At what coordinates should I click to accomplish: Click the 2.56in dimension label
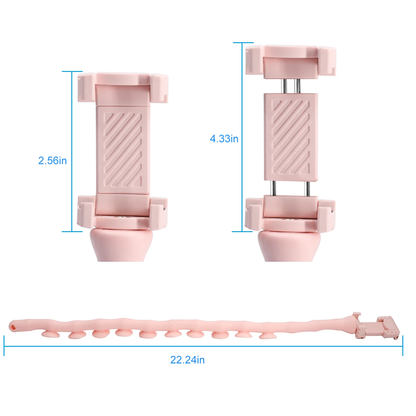click(x=53, y=161)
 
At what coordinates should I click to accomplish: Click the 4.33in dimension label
click(x=224, y=139)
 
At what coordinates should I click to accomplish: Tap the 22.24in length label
click(x=187, y=360)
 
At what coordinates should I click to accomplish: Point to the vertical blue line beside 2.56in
click(x=72, y=151)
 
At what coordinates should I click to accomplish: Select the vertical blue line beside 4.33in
click(x=242, y=137)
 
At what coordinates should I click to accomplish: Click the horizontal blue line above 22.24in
click(x=203, y=346)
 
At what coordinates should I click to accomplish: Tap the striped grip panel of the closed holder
click(x=123, y=149)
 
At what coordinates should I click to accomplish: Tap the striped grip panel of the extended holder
click(x=291, y=137)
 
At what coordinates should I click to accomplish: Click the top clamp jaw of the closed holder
click(x=123, y=88)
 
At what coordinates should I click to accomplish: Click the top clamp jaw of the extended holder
click(x=291, y=61)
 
